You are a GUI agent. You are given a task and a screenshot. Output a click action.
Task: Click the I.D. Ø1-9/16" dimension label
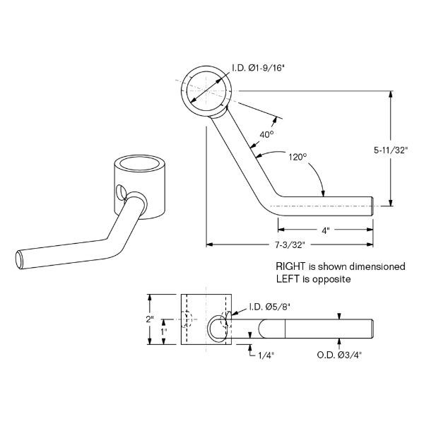259,68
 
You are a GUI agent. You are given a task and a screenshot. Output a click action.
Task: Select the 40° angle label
266,134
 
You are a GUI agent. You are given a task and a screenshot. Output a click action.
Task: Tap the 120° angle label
298,157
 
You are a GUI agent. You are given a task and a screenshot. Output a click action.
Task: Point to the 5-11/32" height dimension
390,151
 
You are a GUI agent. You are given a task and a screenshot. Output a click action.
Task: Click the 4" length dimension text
326,230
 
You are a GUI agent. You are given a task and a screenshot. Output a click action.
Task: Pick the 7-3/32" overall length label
290,245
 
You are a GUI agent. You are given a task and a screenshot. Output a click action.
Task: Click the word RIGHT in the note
290,266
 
